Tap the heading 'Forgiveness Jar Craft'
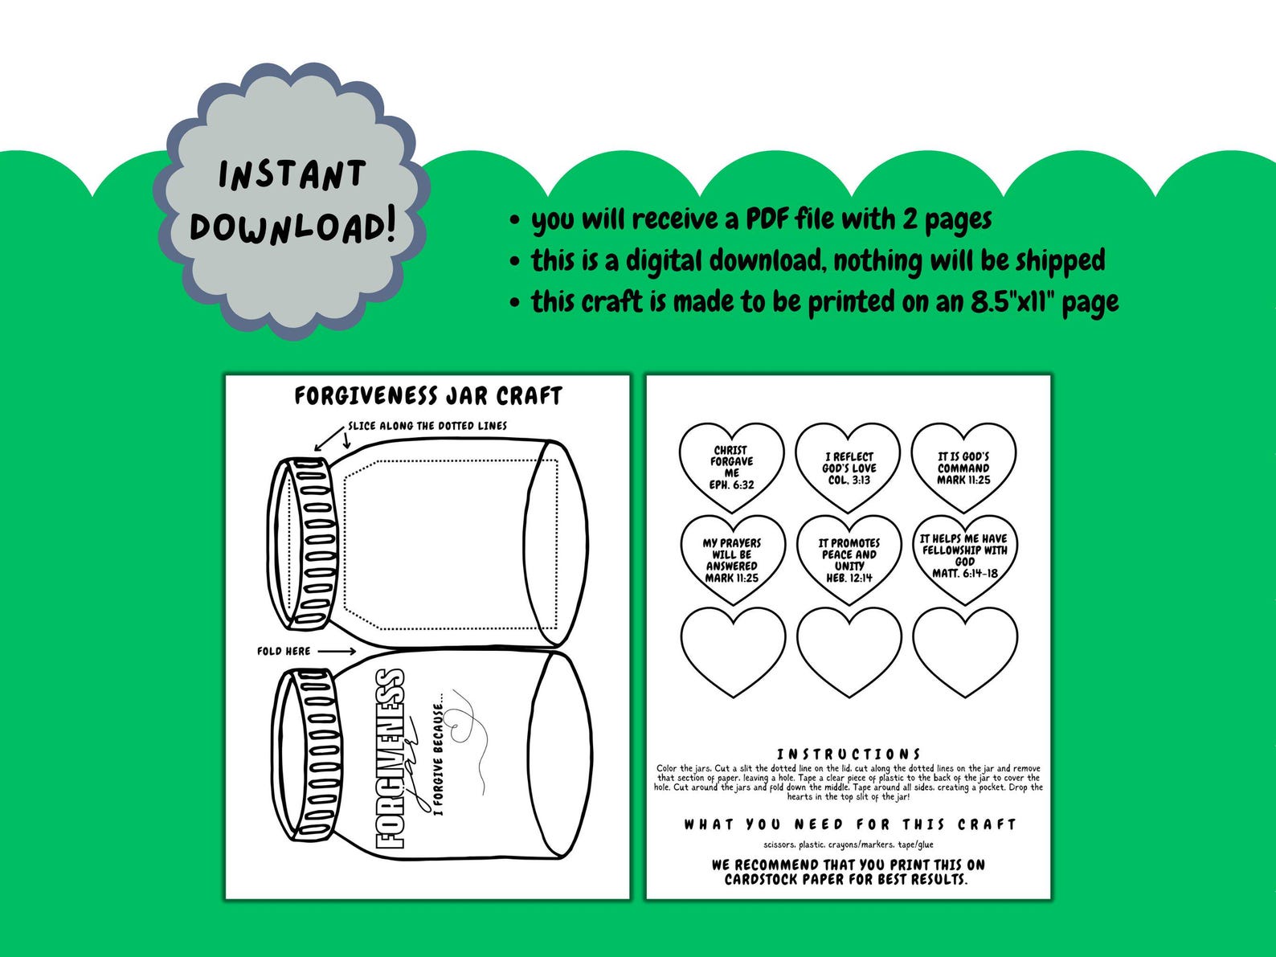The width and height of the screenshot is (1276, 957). coord(427,396)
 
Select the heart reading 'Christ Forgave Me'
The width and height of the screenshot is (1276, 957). coord(731,468)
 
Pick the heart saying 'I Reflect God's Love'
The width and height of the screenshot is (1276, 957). coord(849,468)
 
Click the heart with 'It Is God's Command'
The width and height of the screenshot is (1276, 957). coord(963,468)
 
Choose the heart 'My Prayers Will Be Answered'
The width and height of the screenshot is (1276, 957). coord(731,560)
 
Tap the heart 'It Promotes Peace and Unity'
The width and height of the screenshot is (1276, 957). coord(849,560)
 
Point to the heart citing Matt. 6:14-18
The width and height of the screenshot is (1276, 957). coord(964,556)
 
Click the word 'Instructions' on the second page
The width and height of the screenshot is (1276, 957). coord(849,755)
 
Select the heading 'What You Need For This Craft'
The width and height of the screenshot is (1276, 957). coord(849,824)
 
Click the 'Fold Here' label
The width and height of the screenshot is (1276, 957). coord(284,651)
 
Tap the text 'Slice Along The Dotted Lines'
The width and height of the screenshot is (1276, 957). coord(427,426)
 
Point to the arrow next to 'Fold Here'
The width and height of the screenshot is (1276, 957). coord(341,651)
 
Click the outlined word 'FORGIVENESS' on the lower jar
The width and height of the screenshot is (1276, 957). coord(391,759)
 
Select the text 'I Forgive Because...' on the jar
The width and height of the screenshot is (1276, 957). coord(438,759)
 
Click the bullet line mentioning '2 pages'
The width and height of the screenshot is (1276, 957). coord(761,219)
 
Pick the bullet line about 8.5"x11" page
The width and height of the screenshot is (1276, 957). coord(824,302)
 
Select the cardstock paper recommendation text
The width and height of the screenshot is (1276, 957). coord(848,872)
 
